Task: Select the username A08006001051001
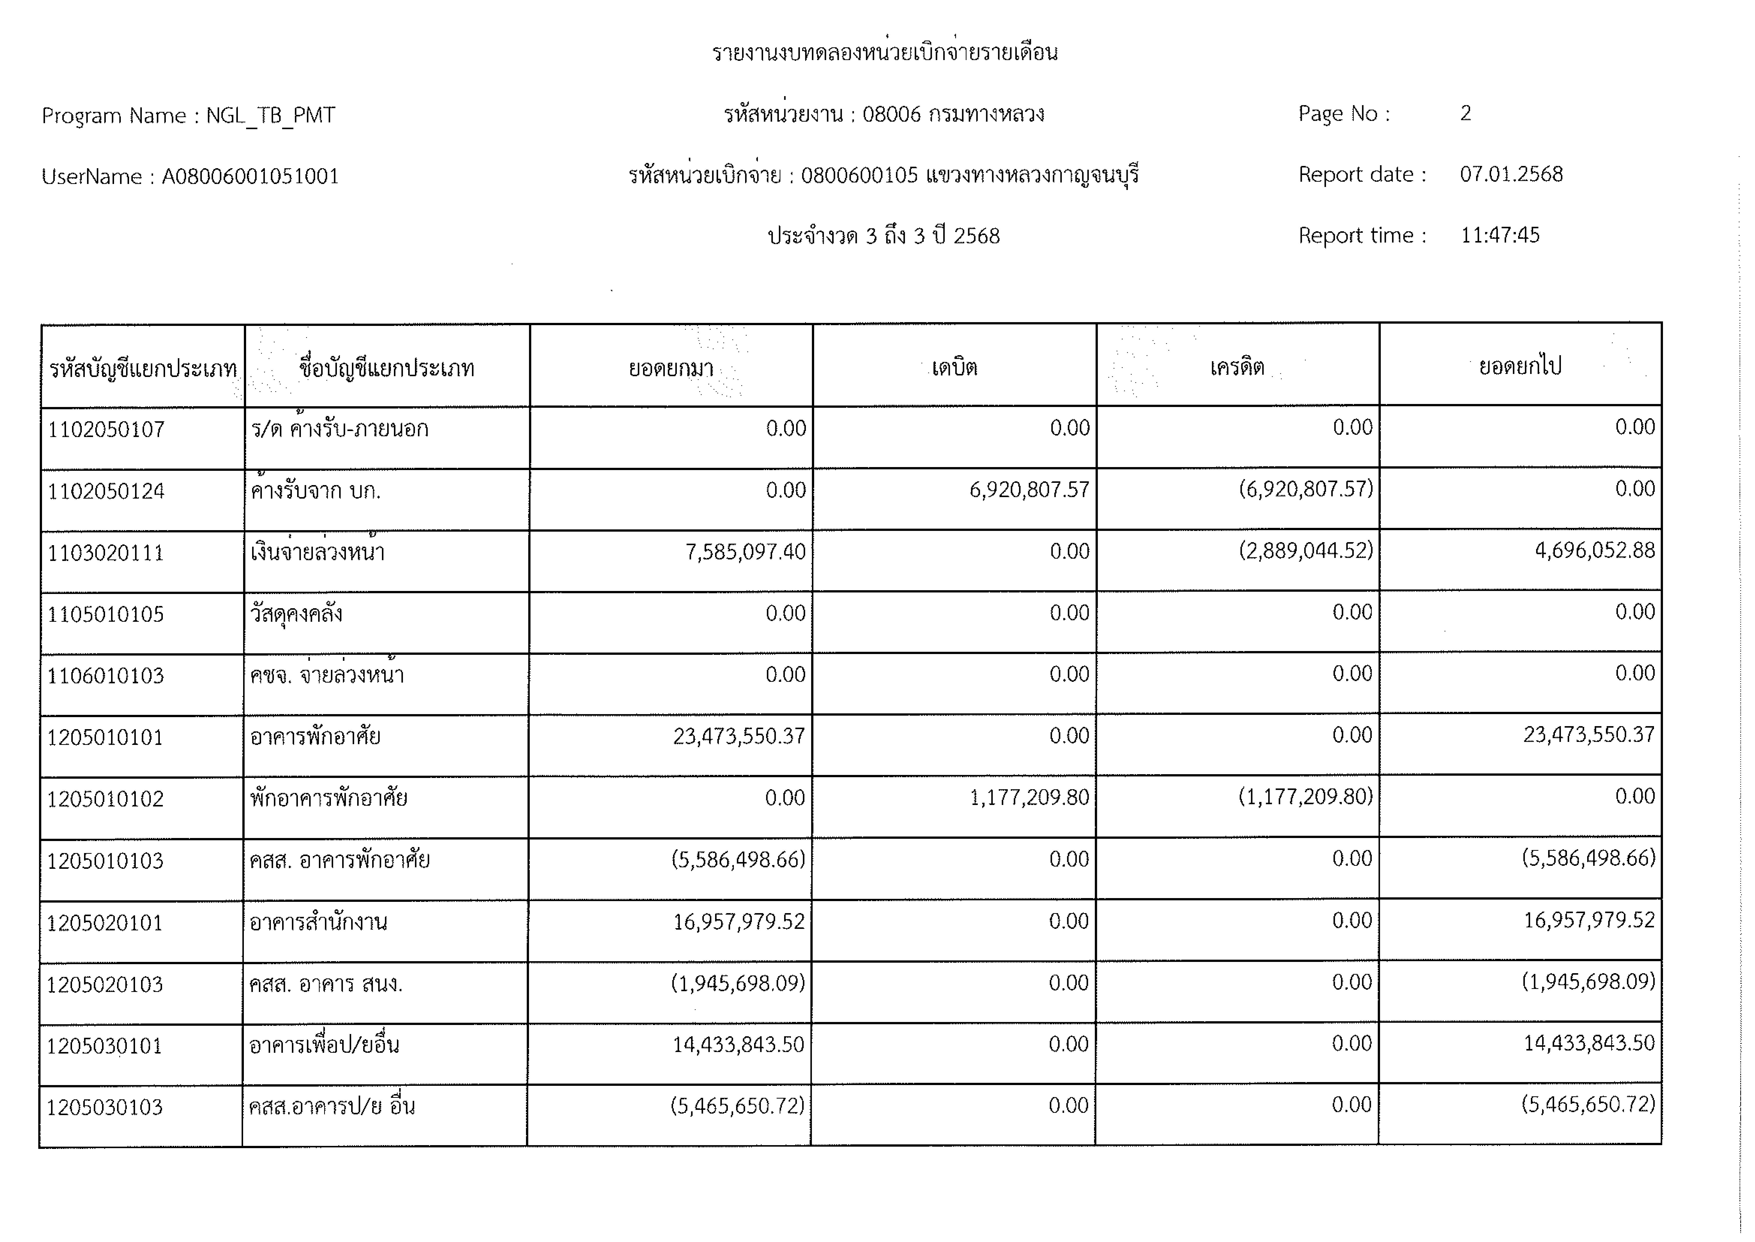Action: [x=250, y=177]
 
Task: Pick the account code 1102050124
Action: [x=106, y=491]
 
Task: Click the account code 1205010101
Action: [x=106, y=737]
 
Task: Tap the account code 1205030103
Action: [x=105, y=1107]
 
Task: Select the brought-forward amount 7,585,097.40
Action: [x=745, y=551]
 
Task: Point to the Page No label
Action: [x=1343, y=114]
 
